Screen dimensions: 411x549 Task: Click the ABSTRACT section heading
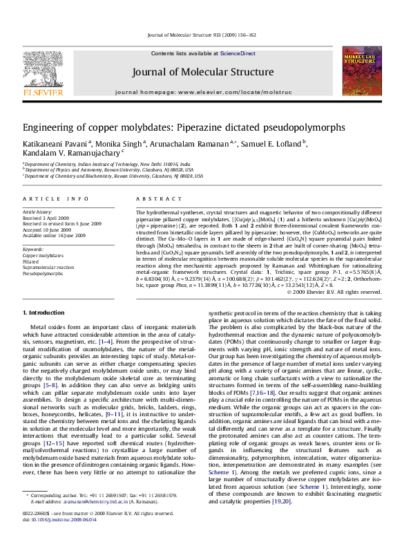coord(148,199)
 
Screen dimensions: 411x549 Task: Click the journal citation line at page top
coord(204,34)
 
